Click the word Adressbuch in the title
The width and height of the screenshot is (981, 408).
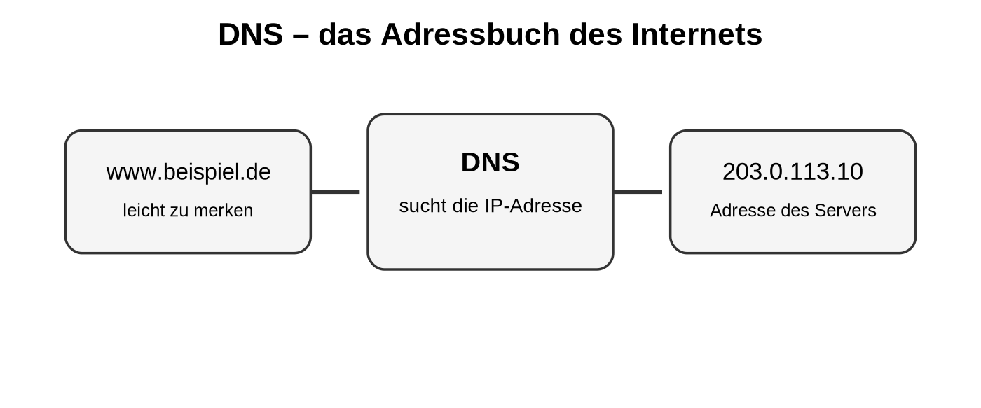tap(470, 34)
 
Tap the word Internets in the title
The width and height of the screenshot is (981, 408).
tap(697, 34)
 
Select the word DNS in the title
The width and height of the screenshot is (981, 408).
tap(251, 34)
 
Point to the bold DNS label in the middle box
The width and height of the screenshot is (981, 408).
tap(490, 162)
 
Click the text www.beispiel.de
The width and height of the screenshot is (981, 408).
tap(188, 172)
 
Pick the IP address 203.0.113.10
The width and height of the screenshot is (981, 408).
tap(793, 171)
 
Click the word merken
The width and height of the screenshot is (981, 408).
tap(223, 211)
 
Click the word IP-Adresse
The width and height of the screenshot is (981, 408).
tap(533, 206)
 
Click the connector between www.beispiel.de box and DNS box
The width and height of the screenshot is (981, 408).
tap(336, 192)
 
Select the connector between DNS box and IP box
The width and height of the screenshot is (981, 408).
tap(638, 192)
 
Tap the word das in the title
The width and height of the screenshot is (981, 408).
tap(345, 34)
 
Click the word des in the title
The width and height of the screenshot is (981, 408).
tap(596, 34)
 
